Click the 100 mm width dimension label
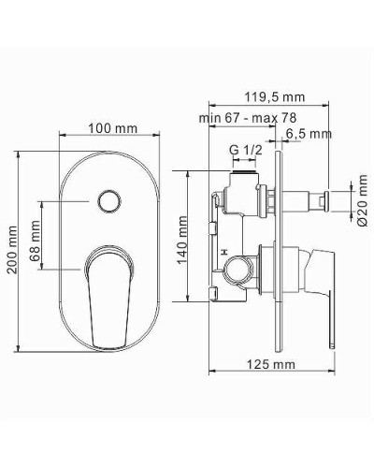(x=112, y=126)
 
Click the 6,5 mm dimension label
(x=309, y=134)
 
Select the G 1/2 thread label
(x=245, y=149)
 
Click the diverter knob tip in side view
(x=327, y=198)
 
